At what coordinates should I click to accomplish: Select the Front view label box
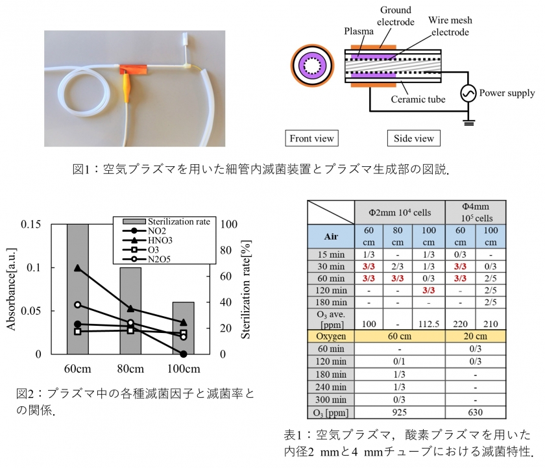pyautogui.click(x=312, y=138)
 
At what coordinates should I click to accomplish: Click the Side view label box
pyautogui.click(x=413, y=138)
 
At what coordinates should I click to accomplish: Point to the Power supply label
pyautogui.click(x=507, y=93)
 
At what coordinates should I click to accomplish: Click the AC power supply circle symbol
pyautogui.click(x=468, y=94)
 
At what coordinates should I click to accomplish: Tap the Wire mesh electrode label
pyautogui.click(x=449, y=26)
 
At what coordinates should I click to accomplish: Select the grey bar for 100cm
pyautogui.click(x=184, y=328)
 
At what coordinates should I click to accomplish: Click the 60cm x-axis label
pyautogui.click(x=77, y=369)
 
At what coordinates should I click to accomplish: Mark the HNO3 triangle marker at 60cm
pyautogui.click(x=78, y=267)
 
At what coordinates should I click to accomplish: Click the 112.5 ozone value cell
pyautogui.click(x=430, y=323)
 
